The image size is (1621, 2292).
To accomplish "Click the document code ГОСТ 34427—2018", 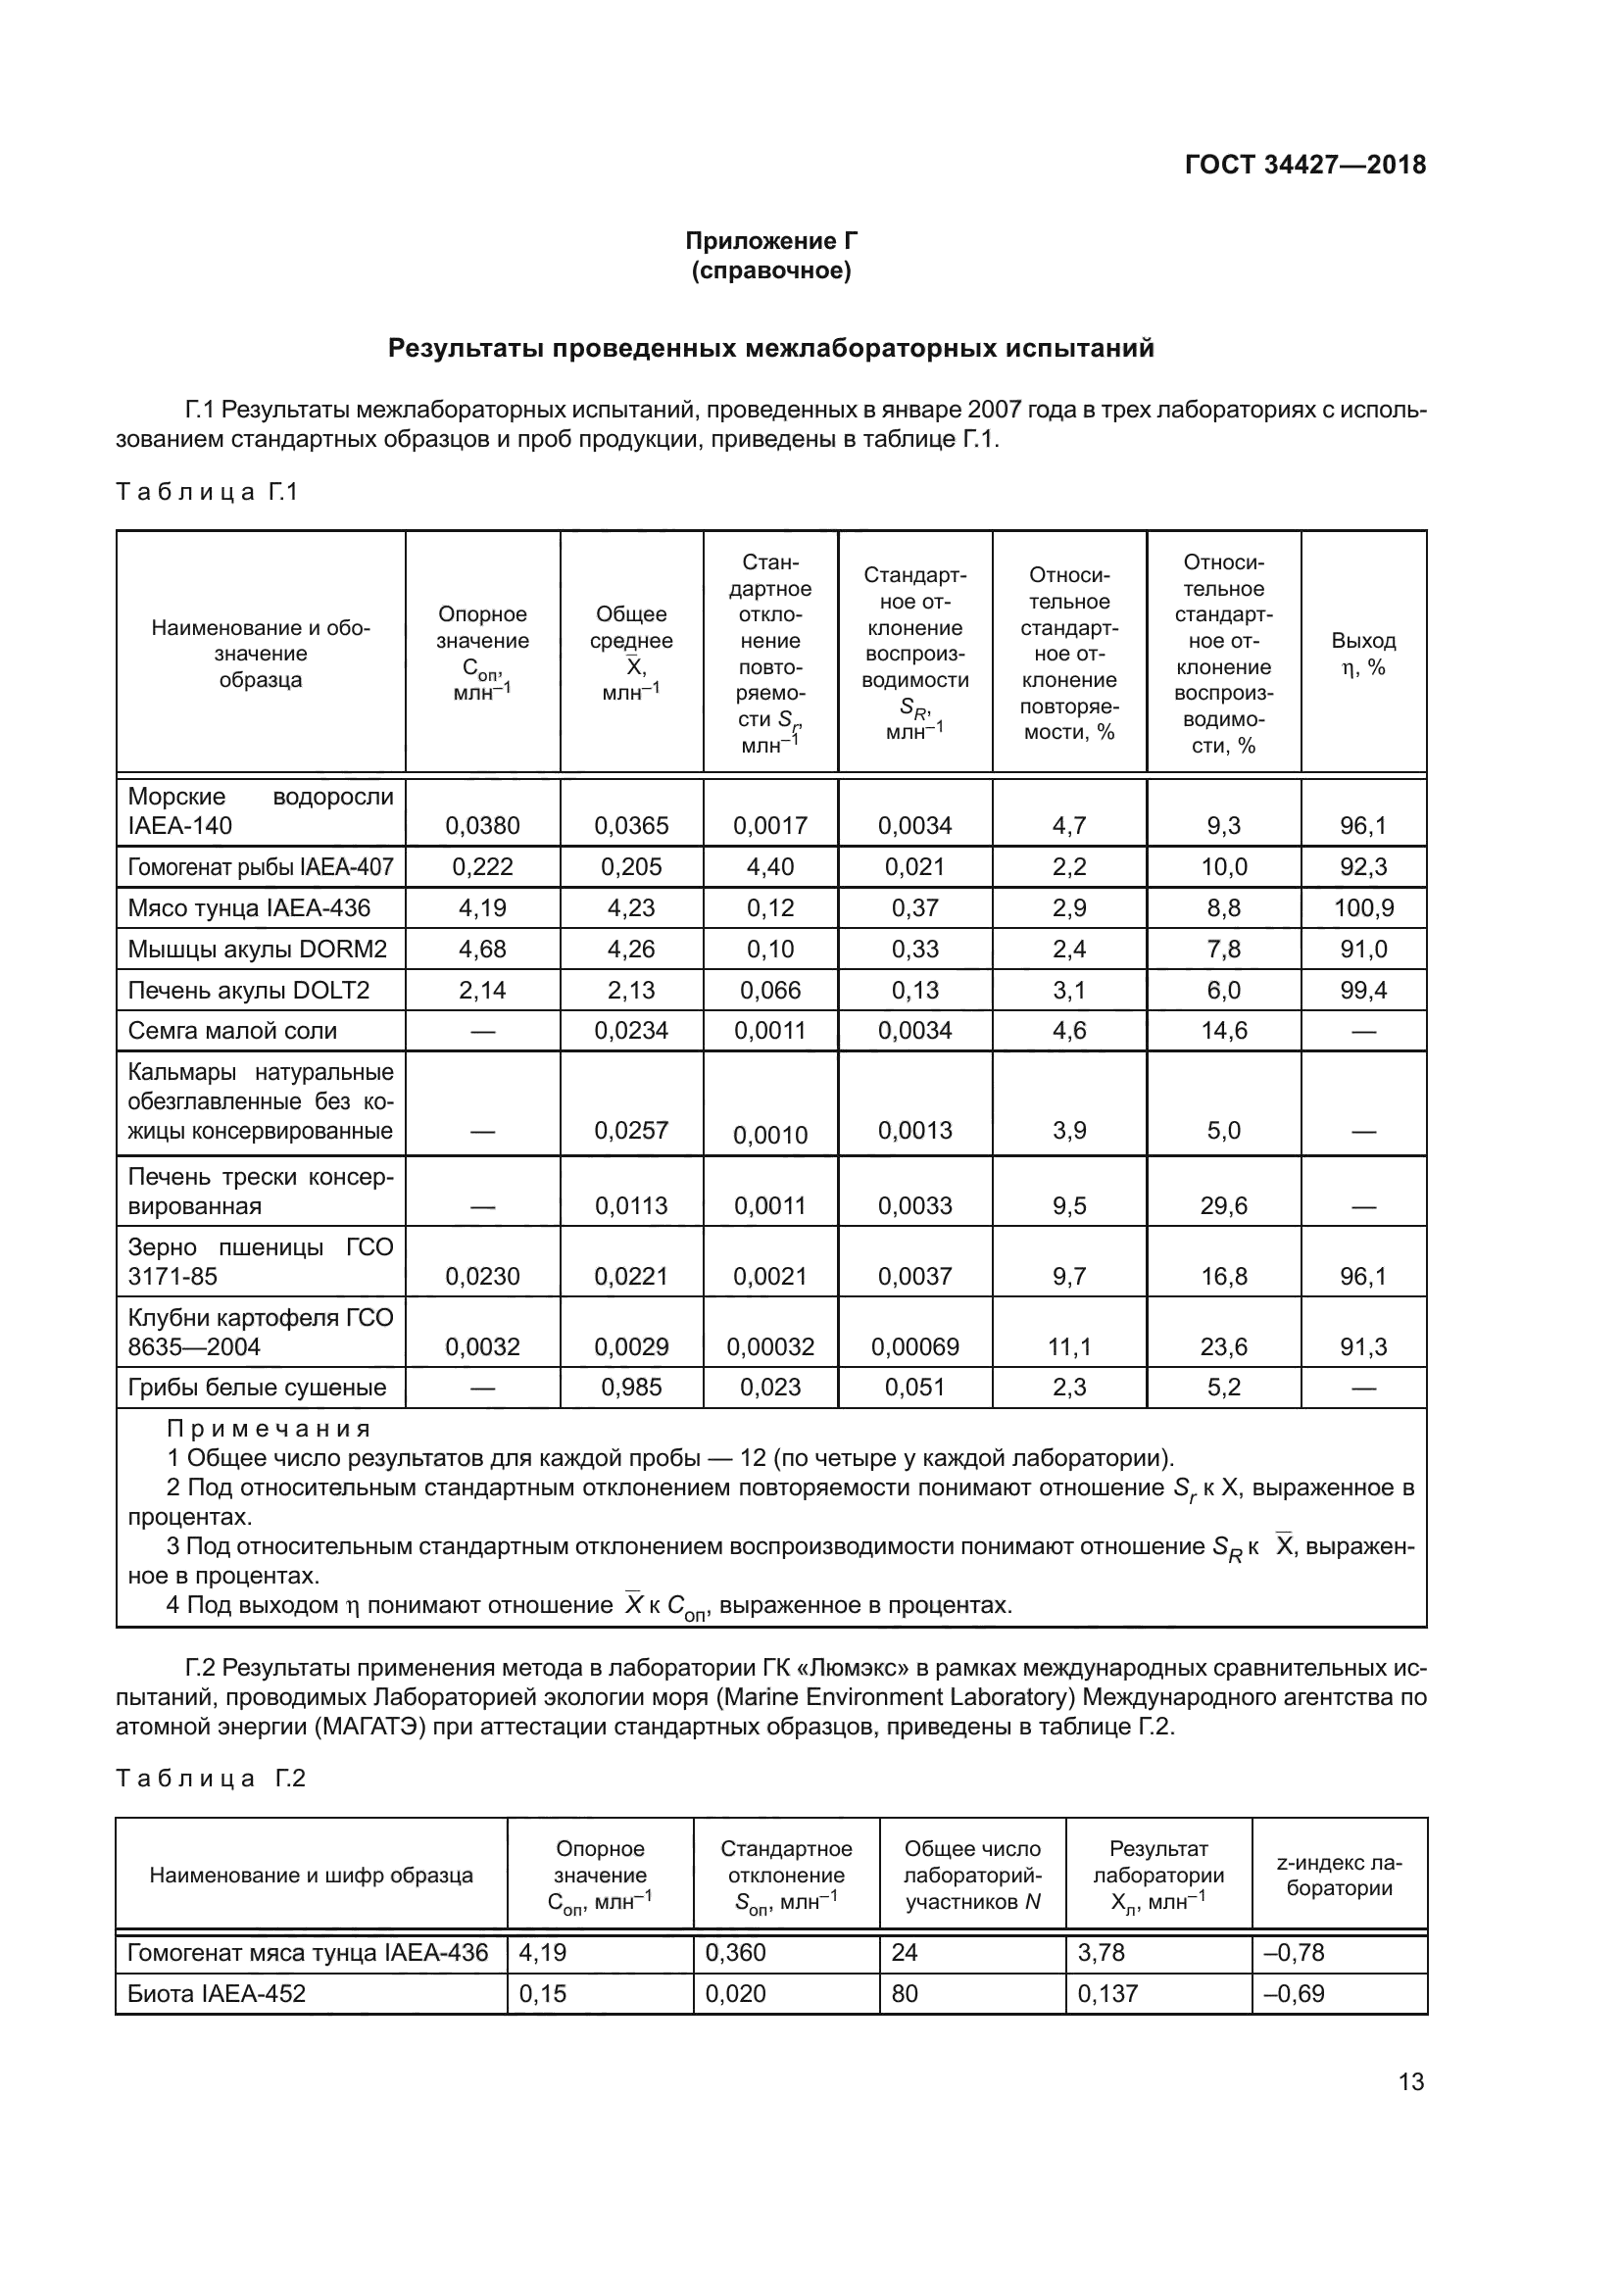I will tap(1304, 165).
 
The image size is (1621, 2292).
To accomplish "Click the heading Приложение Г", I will tap(770, 241).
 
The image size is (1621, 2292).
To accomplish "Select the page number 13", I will tap(1410, 2081).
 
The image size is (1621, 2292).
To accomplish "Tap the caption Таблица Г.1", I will tap(207, 492).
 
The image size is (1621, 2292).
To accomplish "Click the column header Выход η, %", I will tap(1362, 654).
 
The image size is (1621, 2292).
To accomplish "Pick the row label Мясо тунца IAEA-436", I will tap(249, 907).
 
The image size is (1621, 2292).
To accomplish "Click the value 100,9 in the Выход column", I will tap(1363, 907).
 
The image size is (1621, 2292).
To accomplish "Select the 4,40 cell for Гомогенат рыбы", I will tap(769, 866).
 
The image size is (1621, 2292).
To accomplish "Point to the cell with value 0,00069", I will tap(914, 1346).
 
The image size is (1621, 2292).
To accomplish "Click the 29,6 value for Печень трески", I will tap(1223, 1205).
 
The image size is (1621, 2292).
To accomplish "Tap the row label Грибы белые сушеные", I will tap(257, 1387).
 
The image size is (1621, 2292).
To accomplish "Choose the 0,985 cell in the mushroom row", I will tap(631, 1387).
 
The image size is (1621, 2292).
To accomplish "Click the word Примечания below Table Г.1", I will tap(269, 1429).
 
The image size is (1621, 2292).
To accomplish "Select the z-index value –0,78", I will tap(1294, 1952).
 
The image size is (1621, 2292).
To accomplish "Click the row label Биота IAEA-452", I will tap(217, 1993).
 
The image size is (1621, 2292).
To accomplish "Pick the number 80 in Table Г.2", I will tap(905, 1993).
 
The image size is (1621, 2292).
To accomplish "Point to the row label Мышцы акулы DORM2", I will tap(257, 949).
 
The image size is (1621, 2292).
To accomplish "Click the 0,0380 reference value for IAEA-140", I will tap(482, 825).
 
